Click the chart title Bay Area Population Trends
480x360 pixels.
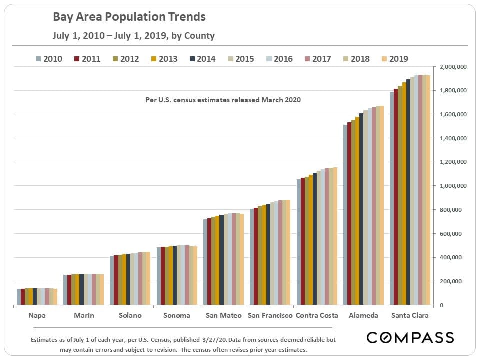129,17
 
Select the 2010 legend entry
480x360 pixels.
49,59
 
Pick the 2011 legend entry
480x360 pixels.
87,59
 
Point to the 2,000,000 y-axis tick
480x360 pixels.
453,67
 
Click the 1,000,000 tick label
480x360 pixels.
453,186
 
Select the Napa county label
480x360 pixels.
37,315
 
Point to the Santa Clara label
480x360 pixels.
409,315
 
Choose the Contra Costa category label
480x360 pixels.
316,315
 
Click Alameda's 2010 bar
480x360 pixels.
345,215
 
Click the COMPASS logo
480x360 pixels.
410,337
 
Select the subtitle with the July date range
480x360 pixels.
134,36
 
